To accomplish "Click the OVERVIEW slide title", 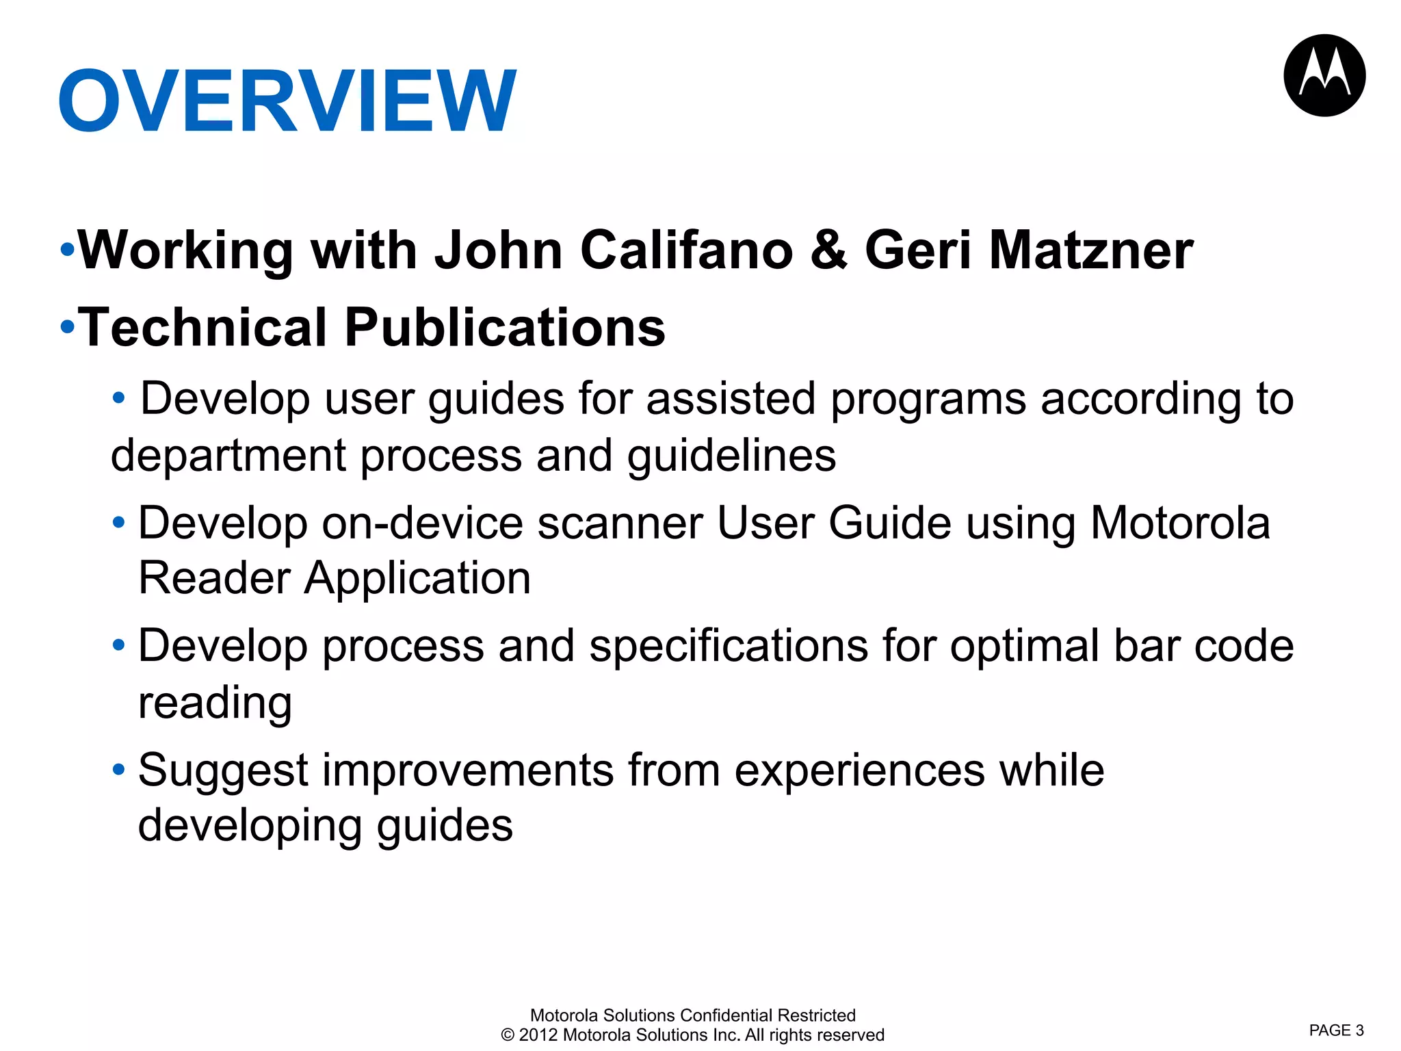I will point(287,101).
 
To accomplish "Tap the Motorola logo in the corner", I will point(1324,75).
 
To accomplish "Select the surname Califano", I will point(686,250).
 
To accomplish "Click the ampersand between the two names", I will point(828,250).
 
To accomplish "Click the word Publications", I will point(505,328).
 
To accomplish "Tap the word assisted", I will point(731,399).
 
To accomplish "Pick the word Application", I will point(417,579).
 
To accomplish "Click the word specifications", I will point(728,647).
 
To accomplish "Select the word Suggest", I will point(223,772).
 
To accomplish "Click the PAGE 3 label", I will point(1336,1030).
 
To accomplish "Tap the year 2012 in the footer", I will point(538,1035).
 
